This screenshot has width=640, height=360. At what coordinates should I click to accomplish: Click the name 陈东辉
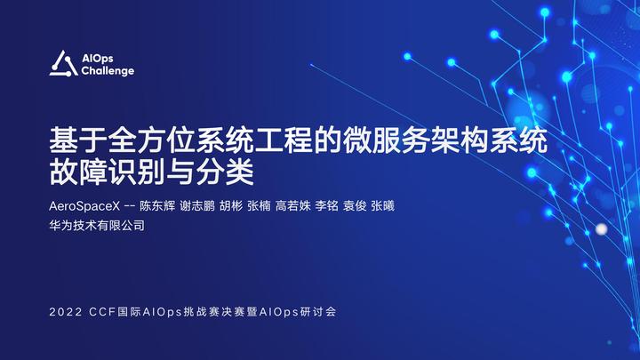click(157, 205)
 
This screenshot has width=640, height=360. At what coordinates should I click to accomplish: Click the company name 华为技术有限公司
click(97, 226)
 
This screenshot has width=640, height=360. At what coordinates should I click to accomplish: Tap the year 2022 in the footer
click(68, 314)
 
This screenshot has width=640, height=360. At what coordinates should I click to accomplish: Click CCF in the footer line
click(102, 314)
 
